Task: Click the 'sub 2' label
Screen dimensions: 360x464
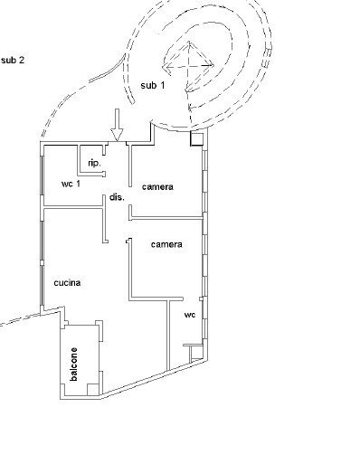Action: (x=13, y=61)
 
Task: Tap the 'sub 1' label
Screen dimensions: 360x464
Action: (x=153, y=85)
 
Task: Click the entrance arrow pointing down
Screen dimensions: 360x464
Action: (x=117, y=125)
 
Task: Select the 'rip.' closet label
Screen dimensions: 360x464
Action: (x=94, y=164)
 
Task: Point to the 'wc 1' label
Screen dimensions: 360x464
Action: (x=71, y=184)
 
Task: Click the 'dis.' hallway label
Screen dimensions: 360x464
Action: (x=117, y=197)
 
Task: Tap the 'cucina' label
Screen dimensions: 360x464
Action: (x=67, y=283)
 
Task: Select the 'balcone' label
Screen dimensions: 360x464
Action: (x=73, y=364)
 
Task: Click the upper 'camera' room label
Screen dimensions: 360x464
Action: (x=157, y=187)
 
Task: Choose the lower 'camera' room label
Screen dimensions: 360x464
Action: (x=166, y=244)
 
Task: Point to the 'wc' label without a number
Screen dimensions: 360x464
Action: (x=190, y=315)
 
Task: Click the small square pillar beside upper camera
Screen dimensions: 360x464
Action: (x=196, y=138)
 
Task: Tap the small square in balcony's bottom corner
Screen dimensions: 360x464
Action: (x=93, y=390)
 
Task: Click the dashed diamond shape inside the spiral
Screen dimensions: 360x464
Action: (x=189, y=66)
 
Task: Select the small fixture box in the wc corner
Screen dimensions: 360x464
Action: (x=195, y=352)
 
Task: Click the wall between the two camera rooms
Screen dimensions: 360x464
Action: (x=166, y=218)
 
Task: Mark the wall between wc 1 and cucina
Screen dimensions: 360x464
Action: (x=73, y=207)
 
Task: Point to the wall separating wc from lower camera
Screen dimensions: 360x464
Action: (x=156, y=298)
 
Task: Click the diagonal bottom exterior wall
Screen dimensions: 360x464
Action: (x=155, y=377)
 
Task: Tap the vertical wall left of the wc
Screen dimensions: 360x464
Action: (x=168, y=335)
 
